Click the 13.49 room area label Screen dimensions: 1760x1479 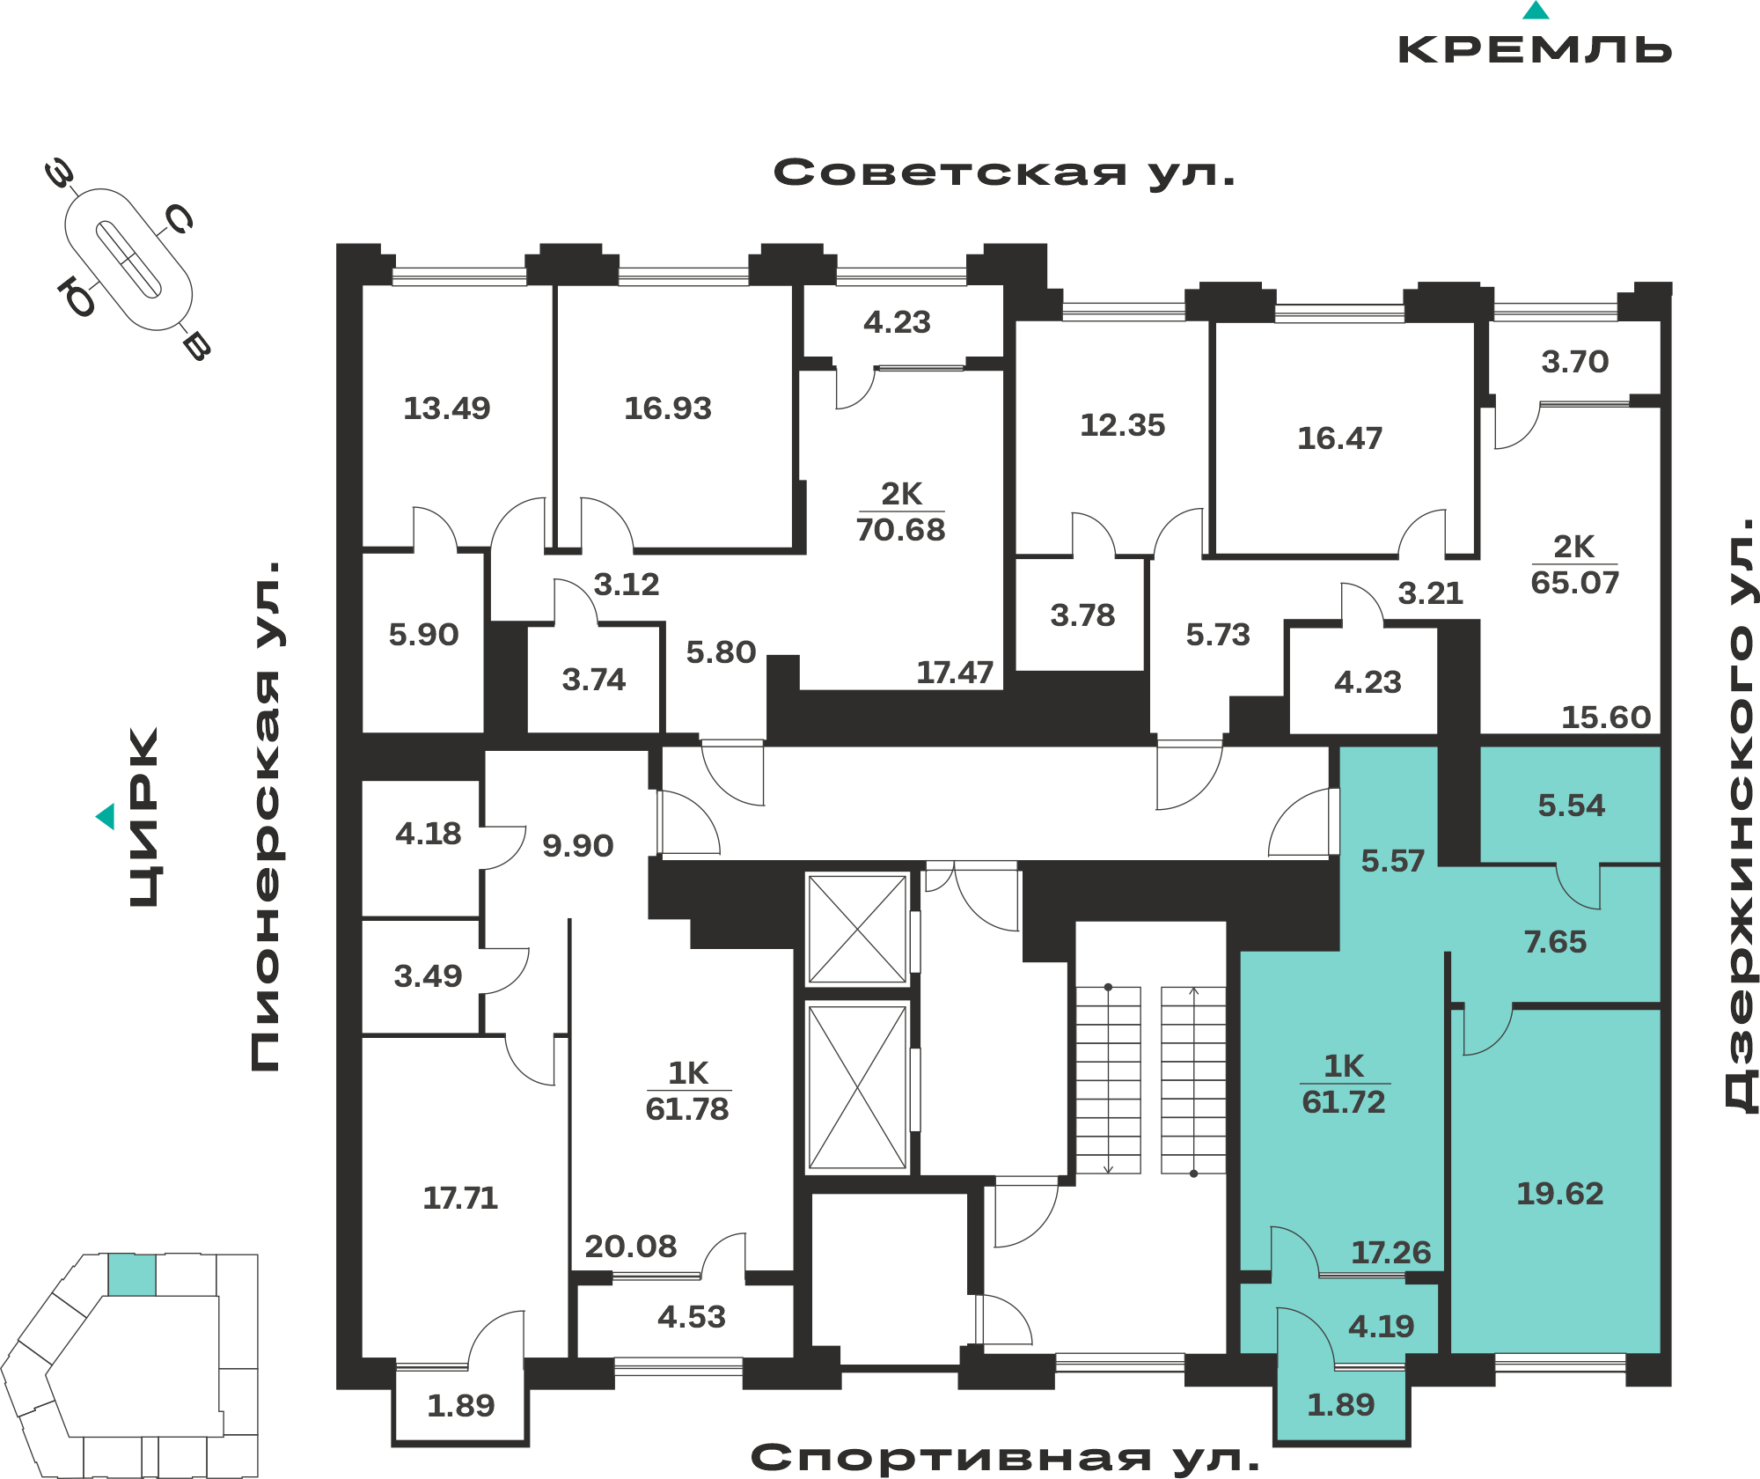coord(446,408)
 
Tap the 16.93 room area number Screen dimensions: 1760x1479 coord(668,408)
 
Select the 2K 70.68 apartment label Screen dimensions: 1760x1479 coord(901,511)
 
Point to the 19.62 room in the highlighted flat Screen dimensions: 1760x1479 coord(1559,1194)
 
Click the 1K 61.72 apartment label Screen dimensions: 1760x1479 coord(1344,1084)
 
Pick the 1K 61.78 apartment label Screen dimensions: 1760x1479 coord(687,1091)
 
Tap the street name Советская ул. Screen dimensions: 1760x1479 coord(1004,173)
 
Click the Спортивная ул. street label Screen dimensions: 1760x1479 coord(1005,1458)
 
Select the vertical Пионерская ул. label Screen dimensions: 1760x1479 coord(265,816)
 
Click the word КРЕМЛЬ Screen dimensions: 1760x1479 coord(1536,49)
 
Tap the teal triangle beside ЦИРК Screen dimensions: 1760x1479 coord(106,816)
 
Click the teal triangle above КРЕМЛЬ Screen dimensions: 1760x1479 coord(1536,11)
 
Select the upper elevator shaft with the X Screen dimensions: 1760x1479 coord(858,929)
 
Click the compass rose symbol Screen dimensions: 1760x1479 coord(128,260)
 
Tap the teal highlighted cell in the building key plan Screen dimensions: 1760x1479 coord(132,1275)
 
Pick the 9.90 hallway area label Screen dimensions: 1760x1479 coord(577,846)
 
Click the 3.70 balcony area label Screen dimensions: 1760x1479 coord(1574,362)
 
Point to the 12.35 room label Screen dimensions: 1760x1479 coord(1122,426)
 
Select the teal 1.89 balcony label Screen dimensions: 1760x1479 coord(1340,1405)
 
